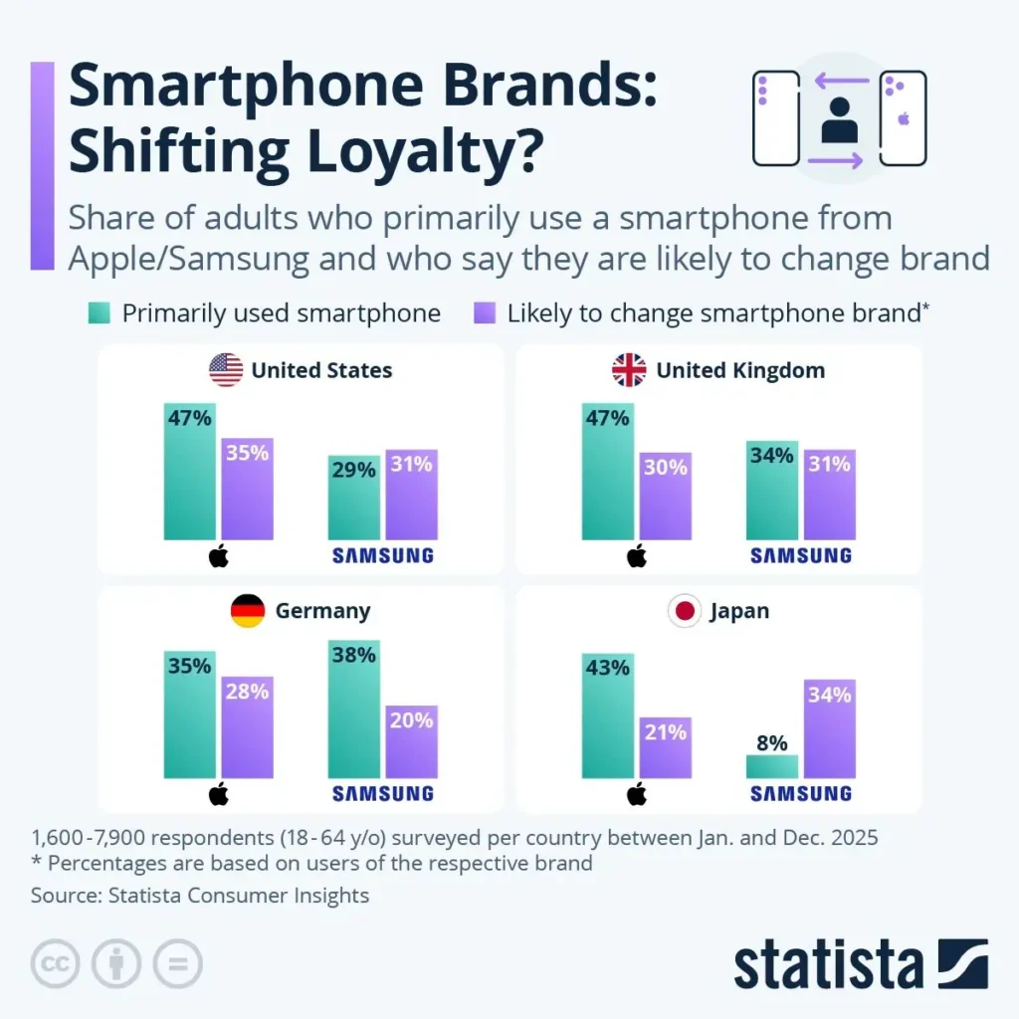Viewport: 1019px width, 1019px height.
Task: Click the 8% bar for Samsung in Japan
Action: click(x=772, y=765)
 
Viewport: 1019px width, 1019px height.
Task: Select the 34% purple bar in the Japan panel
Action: click(x=830, y=728)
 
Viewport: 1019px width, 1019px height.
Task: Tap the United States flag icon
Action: click(x=226, y=370)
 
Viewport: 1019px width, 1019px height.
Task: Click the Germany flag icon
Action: click(x=248, y=610)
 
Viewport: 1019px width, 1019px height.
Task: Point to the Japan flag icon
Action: click(x=684, y=610)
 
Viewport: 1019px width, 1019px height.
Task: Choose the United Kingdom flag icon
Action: click(x=629, y=370)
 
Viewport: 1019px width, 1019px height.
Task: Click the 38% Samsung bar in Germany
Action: click(x=354, y=709)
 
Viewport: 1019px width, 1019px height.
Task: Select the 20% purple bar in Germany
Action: click(x=412, y=741)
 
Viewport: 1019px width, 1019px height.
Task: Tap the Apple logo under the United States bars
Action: click(x=219, y=555)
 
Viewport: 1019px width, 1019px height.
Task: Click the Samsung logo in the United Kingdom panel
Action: click(x=801, y=555)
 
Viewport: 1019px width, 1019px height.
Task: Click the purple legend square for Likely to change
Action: click(x=485, y=313)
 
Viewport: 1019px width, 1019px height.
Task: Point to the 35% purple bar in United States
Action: click(x=247, y=489)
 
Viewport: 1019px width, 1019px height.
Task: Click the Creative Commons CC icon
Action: click(x=55, y=964)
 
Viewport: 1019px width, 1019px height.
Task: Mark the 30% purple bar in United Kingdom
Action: click(x=665, y=496)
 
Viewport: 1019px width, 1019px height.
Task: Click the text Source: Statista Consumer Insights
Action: click(x=200, y=896)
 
